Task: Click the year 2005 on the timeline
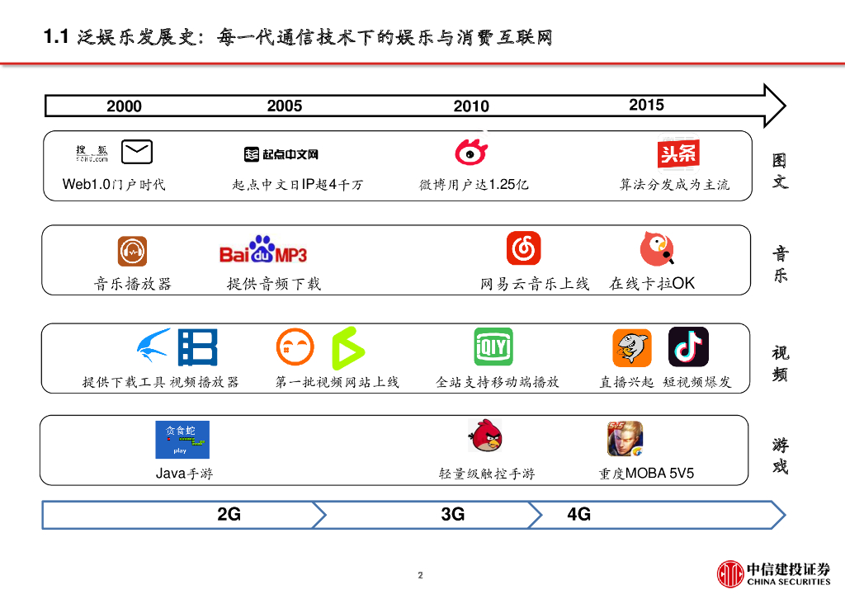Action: click(x=285, y=106)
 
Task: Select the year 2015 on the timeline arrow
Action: click(x=646, y=105)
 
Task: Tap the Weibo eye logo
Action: click(x=471, y=153)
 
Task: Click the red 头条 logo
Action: click(x=678, y=153)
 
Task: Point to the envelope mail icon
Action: click(x=137, y=152)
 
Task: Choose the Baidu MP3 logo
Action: click(x=263, y=250)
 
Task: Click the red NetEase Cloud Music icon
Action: click(x=523, y=248)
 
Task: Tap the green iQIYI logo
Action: click(x=493, y=347)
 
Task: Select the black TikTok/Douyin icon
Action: click(x=688, y=347)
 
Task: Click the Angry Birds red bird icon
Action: click(x=485, y=436)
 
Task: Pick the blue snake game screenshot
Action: click(x=182, y=440)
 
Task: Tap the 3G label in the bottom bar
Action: click(x=453, y=515)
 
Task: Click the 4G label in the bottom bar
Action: click(x=579, y=515)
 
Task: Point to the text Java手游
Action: click(x=185, y=474)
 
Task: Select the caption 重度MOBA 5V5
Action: click(x=646, y=474)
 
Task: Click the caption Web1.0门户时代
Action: click(x=114, y=184)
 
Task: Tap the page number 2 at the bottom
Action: click(x=420, y=575)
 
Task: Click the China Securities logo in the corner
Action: click(x=773, y=573)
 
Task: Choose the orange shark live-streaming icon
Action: click(x=632, y=347)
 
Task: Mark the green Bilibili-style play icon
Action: click(x=347, y=347)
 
